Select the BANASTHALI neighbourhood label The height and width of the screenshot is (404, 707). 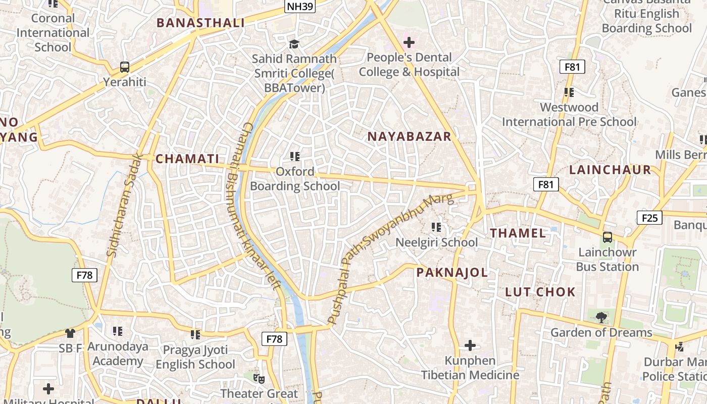200,23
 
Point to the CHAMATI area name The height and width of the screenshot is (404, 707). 187,159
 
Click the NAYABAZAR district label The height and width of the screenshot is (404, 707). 409,136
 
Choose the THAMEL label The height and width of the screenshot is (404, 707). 518,233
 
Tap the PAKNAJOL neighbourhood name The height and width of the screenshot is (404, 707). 452,273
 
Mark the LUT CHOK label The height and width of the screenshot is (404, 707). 540,292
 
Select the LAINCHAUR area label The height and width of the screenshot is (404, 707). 610,170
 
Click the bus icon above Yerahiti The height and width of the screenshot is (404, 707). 124,67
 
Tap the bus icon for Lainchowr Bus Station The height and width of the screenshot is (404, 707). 607,237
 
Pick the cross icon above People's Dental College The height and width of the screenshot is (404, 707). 409,42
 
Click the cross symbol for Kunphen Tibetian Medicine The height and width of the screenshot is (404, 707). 470,345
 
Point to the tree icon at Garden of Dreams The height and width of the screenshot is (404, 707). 601,318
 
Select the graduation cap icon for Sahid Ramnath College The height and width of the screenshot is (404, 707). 294,44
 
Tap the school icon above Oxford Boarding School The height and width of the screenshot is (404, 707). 295,157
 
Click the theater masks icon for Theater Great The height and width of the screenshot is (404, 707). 259,378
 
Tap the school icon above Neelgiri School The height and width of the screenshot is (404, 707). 436,227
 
